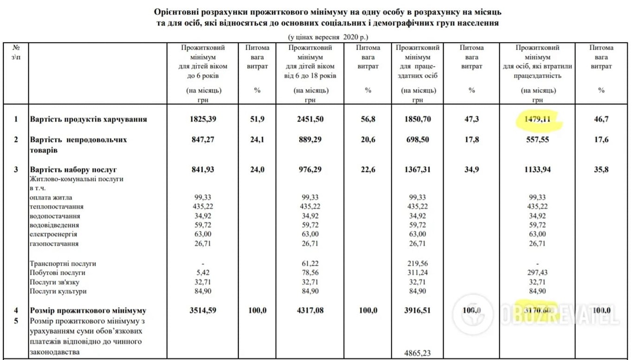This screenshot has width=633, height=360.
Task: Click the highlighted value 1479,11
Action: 537,119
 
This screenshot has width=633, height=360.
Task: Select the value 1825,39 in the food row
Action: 203,119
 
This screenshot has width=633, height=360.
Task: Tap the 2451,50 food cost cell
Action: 310,119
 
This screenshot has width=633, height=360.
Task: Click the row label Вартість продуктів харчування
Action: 88,119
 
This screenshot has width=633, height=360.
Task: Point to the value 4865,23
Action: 418,353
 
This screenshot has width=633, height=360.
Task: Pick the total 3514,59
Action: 203,310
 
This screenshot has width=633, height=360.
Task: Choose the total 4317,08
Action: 310,310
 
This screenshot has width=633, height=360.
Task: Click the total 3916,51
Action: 418,310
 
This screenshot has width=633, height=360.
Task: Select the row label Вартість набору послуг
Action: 73,170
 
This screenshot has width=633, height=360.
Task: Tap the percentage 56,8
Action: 368,119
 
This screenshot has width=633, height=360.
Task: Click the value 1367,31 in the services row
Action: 418,170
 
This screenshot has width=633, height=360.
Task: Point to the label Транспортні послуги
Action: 63,263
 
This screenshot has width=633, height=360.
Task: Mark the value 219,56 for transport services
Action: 418,263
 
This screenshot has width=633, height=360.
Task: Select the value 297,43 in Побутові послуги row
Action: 537,273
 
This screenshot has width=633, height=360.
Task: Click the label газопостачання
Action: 54,243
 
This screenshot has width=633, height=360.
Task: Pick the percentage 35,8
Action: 601,170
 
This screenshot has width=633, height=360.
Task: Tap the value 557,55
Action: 537,139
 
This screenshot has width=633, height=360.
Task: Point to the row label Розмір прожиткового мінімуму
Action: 88,310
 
